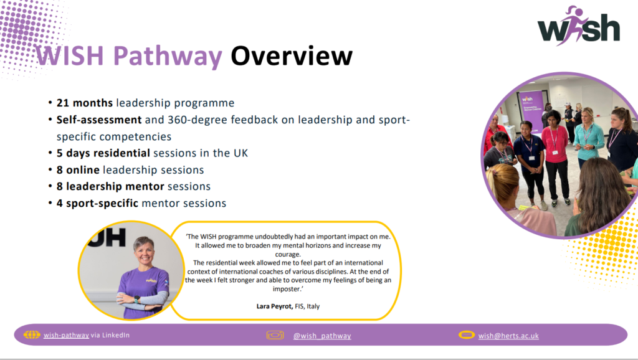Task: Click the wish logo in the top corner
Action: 579,26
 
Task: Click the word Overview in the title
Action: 292,55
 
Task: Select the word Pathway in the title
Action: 168,57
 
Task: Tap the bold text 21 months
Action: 85,103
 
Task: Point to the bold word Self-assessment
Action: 99,120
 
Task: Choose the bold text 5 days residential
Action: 103,153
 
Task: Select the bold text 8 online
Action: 78,169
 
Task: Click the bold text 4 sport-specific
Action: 98,203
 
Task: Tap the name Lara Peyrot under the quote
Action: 274,306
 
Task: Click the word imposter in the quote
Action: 287,289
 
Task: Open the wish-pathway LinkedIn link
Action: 66,335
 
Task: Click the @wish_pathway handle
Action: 322,336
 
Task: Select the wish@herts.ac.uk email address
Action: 508,336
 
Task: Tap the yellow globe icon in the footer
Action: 32,335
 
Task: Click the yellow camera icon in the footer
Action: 275,335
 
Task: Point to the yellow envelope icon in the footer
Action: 466,335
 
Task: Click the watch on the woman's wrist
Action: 136,300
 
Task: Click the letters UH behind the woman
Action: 107,237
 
